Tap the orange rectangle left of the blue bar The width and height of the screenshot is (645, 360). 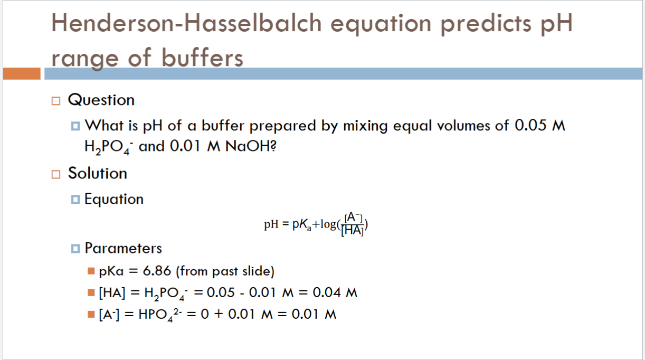tap(21, 73)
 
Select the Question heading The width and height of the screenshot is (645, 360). tap(101, 100)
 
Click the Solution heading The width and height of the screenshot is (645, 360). tap(98, 173)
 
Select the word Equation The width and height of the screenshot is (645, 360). tap(114, 199)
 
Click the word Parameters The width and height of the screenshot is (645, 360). tap(124, 248)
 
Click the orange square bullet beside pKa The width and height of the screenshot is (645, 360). tap(91, 272)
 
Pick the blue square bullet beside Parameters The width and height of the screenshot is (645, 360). tap(75, 248)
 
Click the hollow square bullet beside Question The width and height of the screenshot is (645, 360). tap(56, 100)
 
